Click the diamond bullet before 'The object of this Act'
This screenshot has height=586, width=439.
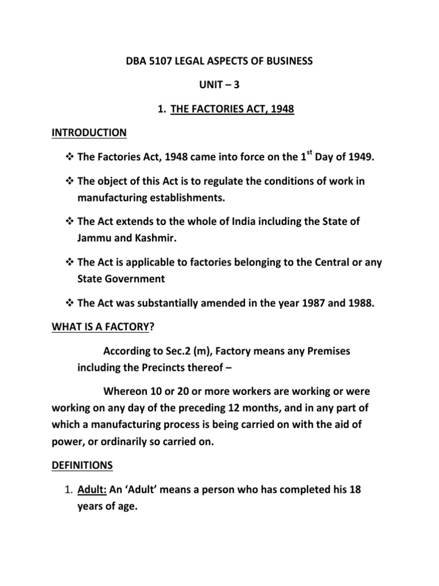coord(67,181)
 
